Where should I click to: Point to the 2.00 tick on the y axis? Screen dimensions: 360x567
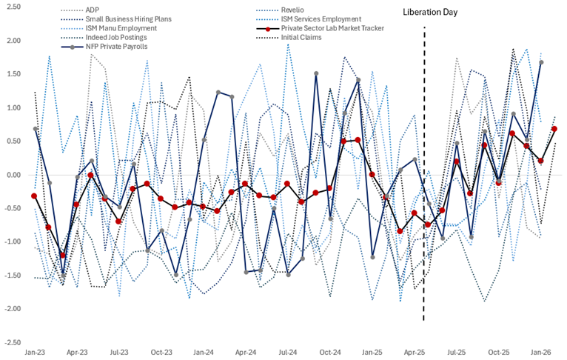click(x=14, y=41)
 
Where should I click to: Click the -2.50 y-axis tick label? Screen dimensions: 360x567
click(x=13, y=342)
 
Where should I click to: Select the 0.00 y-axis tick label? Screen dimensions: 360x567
click(x=14, y=175)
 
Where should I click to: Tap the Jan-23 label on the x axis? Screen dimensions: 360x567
click(x=35, y=353)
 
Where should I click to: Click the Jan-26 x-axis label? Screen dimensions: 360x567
click(x=542, y=353)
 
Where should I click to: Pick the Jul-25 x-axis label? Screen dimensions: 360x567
click(x=457, y=353)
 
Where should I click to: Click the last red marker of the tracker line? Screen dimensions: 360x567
click(x=554, y=129)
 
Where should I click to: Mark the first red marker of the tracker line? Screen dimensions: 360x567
click(x=34, y=196)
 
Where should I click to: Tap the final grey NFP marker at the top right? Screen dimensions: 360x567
click(x=541, y=63)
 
